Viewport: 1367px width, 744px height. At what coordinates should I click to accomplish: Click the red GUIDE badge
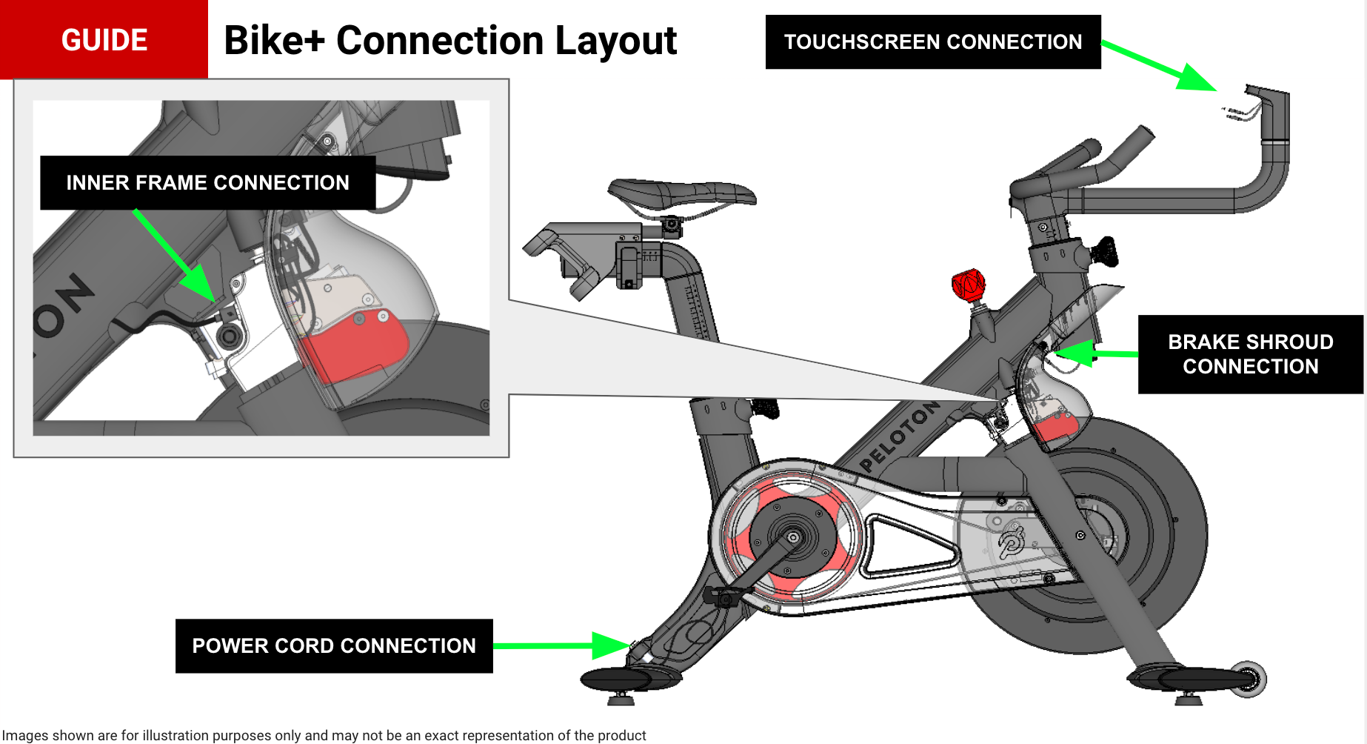coord(104,39)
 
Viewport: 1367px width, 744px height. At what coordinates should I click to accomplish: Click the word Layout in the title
coord(615,41)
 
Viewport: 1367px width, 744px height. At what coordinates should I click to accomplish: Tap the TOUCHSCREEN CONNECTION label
coord(932,42)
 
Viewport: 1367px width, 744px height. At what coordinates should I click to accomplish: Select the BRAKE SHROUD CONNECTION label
coord(1250,354)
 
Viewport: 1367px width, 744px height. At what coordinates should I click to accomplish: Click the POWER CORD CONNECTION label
coord(333,646)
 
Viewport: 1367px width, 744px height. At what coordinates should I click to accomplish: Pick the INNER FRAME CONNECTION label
coord(207,183)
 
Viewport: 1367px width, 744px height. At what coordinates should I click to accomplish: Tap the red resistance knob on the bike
coord(968,285)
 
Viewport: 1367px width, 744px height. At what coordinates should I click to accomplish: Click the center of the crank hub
coord(793,537)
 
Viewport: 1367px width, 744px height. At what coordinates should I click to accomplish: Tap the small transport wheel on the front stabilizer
coord(1248,678)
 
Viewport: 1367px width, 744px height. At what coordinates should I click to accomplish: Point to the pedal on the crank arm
coord(723,595)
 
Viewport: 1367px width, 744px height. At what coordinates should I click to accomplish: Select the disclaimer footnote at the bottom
coord(324,735)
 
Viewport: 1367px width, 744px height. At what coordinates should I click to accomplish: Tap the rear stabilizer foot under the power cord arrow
coord(629,678)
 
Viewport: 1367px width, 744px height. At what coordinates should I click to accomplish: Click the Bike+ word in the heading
coord(274,41)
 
